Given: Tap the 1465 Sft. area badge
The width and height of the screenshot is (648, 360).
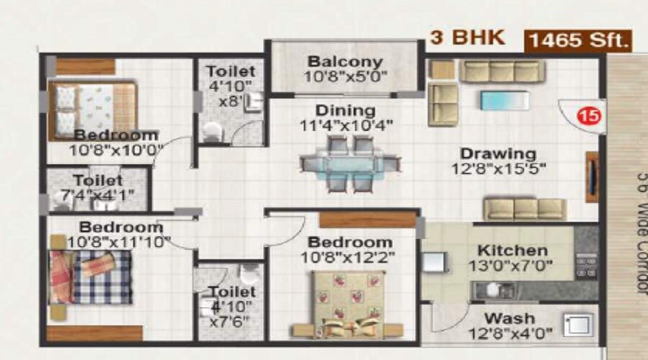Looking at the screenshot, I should tap(578, 40).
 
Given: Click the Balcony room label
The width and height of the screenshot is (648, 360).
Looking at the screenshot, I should tap(345, 62).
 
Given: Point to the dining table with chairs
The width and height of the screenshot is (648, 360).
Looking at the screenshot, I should tap(349, 164).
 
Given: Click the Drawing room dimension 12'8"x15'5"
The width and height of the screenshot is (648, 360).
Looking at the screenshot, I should tap(498, 170).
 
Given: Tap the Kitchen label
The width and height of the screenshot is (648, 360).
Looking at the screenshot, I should tap(512, 251).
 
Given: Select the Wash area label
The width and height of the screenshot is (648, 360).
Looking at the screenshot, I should tap(509, 318).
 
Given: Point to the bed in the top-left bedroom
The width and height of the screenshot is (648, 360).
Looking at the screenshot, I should tap(91, 109).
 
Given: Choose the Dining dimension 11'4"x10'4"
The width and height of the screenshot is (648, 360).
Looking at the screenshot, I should tap(346, 127).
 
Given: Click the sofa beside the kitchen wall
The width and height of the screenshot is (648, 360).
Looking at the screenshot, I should tap(519, 209).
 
